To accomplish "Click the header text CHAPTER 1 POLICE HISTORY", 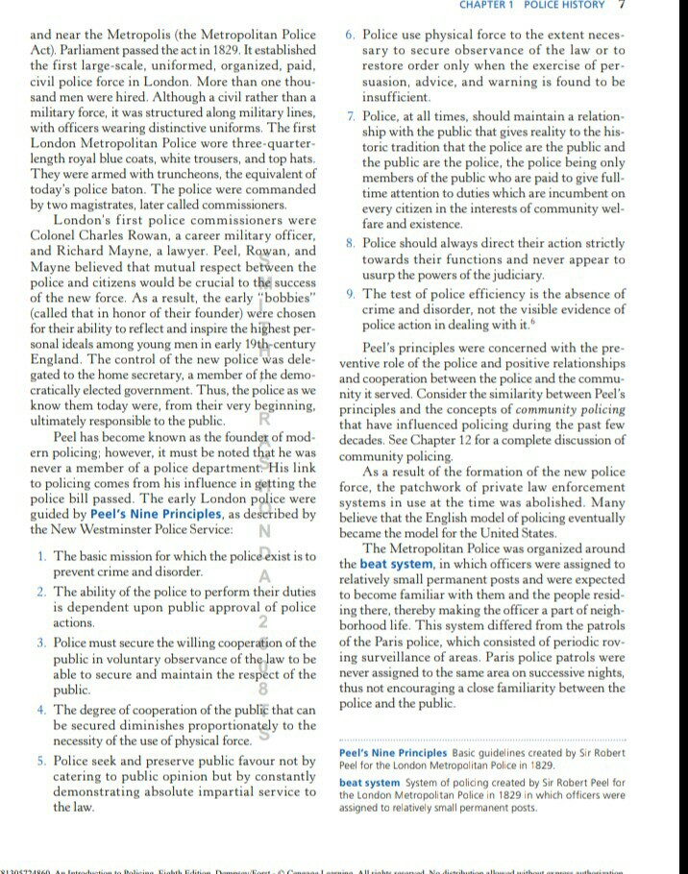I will (547, 5).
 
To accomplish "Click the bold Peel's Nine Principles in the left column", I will (140, 514).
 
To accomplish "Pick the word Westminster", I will (124, 529).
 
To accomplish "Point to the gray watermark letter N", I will (263, 531).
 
